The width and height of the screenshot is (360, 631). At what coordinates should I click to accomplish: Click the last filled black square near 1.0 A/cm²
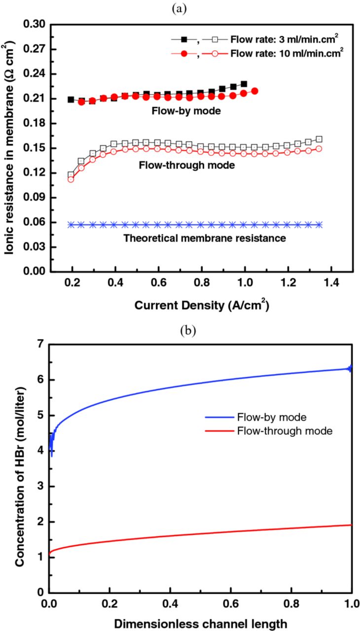click(244, 84)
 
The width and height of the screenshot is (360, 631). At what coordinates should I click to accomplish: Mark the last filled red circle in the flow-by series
click(255, 91)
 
